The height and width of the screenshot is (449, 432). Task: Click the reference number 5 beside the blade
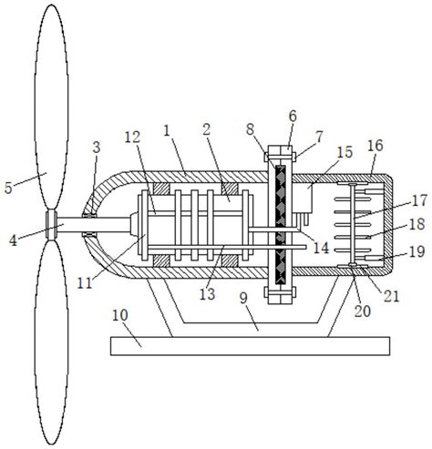tap(8, 188)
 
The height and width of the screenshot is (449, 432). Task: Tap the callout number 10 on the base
tap(120, 316)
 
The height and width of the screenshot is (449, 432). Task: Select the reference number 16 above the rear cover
tap(375, 146)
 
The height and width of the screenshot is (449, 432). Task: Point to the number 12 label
tap(133, 138)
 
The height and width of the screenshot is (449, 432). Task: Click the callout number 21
tap(391, 296)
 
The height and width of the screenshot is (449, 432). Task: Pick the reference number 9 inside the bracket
tap(243, 299)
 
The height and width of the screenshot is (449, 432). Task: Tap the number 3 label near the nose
tap(97, 148)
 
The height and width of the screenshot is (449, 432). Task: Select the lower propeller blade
tap(51, 343)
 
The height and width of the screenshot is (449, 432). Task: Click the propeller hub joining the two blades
tap(51, 225)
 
